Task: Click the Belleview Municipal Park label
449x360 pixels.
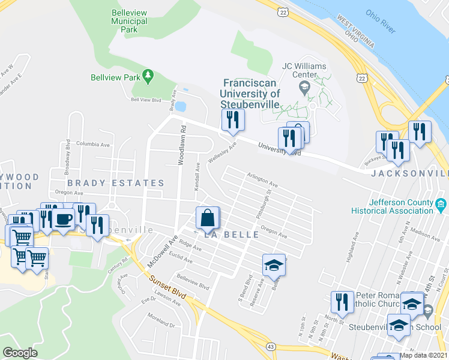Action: point(129,21)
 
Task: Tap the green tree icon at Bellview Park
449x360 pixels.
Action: point(148,76)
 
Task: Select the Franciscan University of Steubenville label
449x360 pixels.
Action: point(250,94)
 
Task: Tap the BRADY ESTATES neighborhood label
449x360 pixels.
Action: point(115,183)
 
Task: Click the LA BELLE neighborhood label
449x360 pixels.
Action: point(232,235)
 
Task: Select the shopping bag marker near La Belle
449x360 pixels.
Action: point(207,218)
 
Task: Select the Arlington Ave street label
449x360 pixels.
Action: point(262,179)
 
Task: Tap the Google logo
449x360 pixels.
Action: point(20,353)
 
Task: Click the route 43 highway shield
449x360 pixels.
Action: point(271,347)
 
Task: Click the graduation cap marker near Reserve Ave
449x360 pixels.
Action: point(274,265)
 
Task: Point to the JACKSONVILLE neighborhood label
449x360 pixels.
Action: point(409,173)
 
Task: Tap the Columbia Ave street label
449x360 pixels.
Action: point(93,145)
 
